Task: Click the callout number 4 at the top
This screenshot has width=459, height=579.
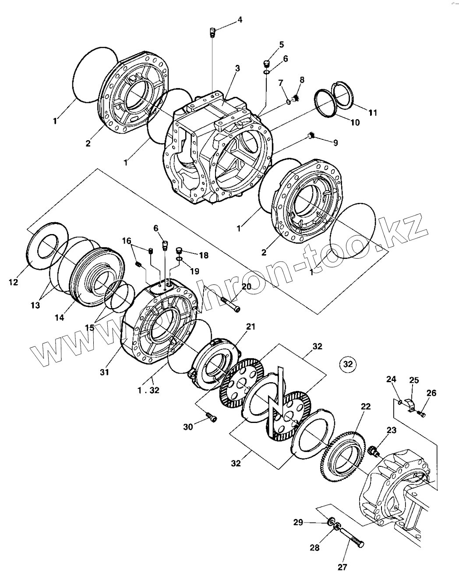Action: click(x=240, y=20)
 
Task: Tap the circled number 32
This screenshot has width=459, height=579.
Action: click(x=348, y=364)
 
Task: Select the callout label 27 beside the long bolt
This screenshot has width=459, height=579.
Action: click(x=342, y=568)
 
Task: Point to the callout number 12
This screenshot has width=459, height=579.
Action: click(x=13, y=283)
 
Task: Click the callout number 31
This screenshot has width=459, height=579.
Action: click(x=104, y=372)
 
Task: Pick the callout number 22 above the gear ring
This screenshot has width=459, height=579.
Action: click(x=366, y=406)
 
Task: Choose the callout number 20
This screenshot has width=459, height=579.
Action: click(x=246, y=286)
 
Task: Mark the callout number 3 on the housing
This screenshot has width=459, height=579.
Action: click(x=237, y=68)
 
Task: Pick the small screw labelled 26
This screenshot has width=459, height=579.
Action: click(x=422, y=412)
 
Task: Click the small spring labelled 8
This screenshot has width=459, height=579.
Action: click(x=296, y=100)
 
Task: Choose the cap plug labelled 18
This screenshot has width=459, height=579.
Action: click(x=179, y=251)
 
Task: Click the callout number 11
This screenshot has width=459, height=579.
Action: click(x=372, y=113)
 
